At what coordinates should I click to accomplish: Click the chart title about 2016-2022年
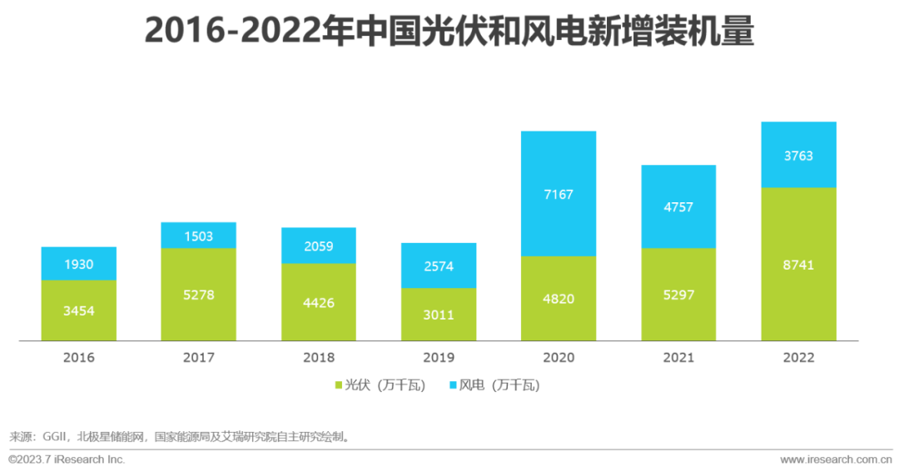click(x=449, y=32)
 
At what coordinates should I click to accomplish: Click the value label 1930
click(x=78, y=265)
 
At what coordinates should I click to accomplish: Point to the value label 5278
click(x=198, y=295)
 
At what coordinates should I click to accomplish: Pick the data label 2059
click(x=318, y=246)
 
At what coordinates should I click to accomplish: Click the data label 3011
click(x=438, y=315)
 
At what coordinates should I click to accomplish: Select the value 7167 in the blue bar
click(x=559, y=194)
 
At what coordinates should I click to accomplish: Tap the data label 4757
click(x=678, y=207)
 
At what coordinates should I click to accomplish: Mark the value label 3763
click(x=798, y=156)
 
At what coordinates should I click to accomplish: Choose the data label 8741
click(x=798, y=266)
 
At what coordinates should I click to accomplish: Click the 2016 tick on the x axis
click(x=78, y=358)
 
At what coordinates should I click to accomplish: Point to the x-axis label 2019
click(x=438, y=358)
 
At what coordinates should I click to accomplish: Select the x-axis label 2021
click(x=678, y=358)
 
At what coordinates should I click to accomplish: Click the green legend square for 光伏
click(x=340, y=385)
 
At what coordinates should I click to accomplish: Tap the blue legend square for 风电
click(x=454, y=385)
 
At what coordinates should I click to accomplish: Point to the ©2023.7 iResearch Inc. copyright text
click(x=67, y=460)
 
